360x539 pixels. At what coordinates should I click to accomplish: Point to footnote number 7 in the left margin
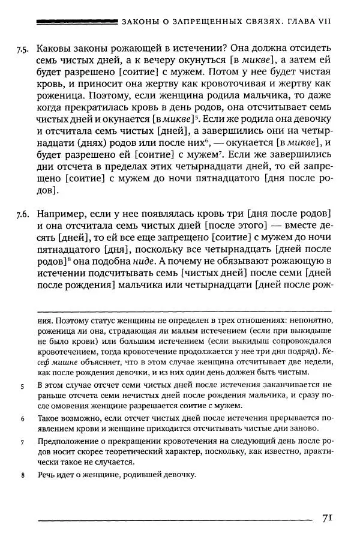click(x=22, y=442)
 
